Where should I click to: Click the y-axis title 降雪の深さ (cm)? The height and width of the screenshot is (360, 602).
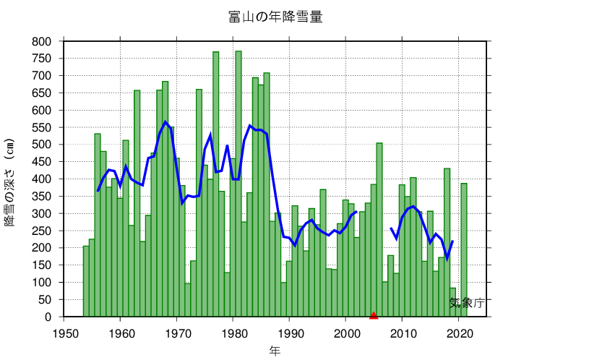(10, 181)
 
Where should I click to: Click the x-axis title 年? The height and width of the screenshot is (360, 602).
(275, 351)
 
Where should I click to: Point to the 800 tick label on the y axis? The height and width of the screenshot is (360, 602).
(41, 41)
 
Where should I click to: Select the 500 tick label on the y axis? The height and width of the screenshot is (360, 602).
(41, 145)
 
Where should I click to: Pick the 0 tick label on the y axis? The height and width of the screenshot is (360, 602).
(48, 317)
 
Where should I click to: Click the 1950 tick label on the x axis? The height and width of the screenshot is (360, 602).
(64, 333)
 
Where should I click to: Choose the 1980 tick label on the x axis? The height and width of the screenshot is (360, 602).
(233, 333)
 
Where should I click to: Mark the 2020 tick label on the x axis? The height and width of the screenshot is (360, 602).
(459, 333)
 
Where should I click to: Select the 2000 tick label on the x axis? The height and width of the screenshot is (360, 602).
(346, 333)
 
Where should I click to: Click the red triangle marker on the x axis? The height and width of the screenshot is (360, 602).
(374, 314)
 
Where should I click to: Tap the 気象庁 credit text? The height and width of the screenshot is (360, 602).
(466, 303)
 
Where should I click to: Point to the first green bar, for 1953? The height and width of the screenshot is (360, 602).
(86, 281)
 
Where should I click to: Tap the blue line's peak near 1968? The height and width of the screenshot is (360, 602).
(165, 121)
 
